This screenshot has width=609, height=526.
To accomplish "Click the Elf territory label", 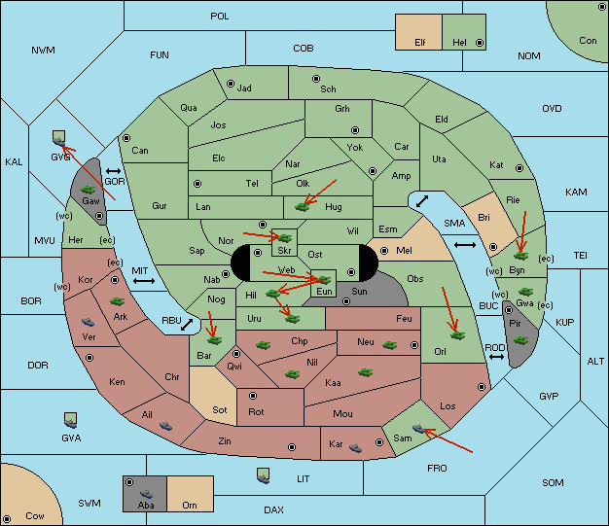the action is pyautogui.click(x=420, y=43).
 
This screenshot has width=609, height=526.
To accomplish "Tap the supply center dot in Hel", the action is pyautogui.click(x=480, y=43).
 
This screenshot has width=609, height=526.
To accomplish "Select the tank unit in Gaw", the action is pyautogui.click(x=89, y=190).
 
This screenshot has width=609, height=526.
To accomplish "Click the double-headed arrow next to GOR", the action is pyautogui.click(x=114, y=171).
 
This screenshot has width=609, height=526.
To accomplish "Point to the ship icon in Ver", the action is pyautogui.click(x=89, y=322).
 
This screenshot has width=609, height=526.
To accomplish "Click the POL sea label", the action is pyautogui.click(x=220, y=17).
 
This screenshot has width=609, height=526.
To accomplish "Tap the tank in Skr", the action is pyautogui.click(x=285, y=237).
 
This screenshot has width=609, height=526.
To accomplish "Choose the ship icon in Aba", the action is pyautogui.click(x=147, y=494).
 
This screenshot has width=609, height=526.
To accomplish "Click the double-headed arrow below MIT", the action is pyautogui.click(x=144, y=281).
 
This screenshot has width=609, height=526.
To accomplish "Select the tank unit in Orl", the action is pyautogui.click(x=458, y=335).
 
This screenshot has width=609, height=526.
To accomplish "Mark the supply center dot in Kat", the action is pyautogui.click(x=519, y=168).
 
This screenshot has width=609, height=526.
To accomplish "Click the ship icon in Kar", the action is pyautogui.click(x=355, y=448).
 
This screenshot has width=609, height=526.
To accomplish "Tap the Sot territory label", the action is pyautogui.click(x=220, y=410).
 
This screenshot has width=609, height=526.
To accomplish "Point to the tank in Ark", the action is pyautogui.click(x=118, y=301).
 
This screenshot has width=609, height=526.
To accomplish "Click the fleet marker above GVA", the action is pyautogui.click(x=70, y=420).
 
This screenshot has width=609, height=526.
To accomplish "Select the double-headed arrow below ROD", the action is pyautogui.click(x=496, y=357).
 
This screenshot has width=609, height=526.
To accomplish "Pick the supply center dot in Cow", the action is pyautogui.click(x=7, y=518).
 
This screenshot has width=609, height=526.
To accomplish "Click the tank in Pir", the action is pyautogui.click(x=520, y=340).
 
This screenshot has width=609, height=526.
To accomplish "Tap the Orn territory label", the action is pyautogui.click(x=190, y=505).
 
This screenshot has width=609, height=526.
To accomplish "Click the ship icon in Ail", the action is pyautogui.click(x=165, y=426).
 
